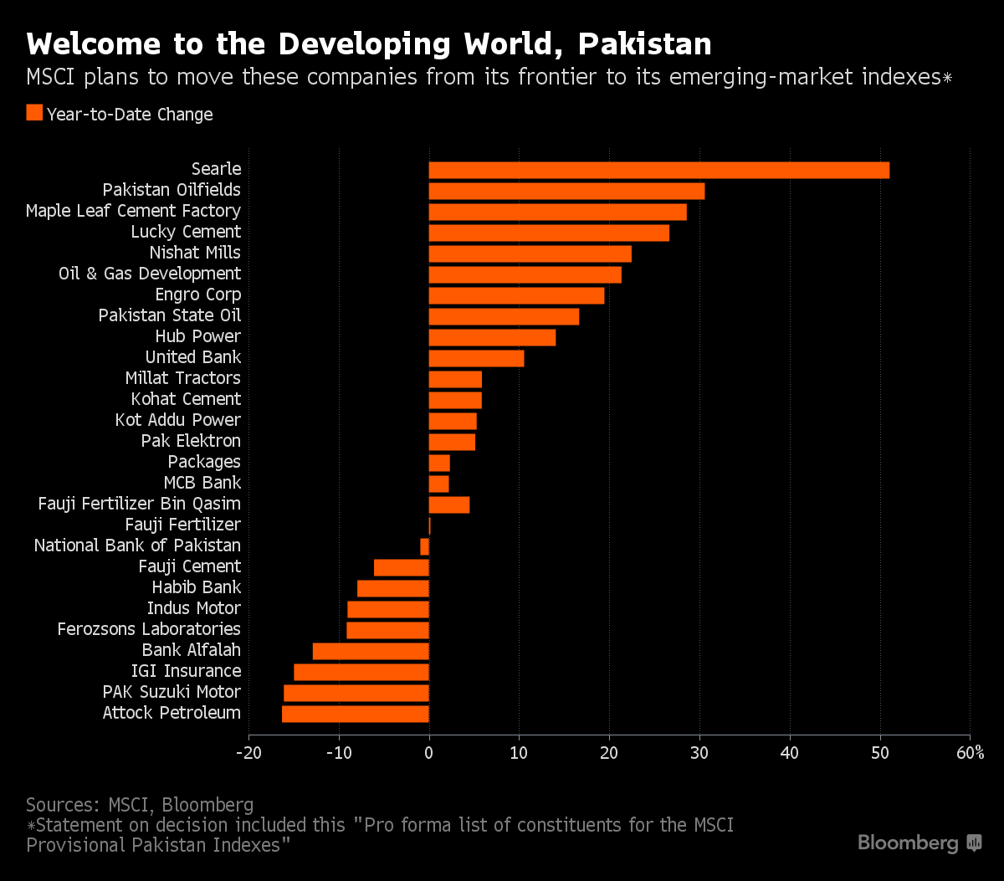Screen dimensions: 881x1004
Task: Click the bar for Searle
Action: point(658,170)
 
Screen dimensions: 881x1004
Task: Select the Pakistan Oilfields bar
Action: point(566,191)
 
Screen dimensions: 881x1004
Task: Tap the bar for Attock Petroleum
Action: point(356,714)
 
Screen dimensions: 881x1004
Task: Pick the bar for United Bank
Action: point(476,358)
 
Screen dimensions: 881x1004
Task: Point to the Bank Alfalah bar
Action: point(371,651)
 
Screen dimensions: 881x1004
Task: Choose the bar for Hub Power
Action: point(492,337)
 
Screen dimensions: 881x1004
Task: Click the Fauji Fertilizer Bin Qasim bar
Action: point(449,505)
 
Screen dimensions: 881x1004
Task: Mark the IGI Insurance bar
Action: point(361,672)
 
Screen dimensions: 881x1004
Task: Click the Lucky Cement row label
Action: point(186,232)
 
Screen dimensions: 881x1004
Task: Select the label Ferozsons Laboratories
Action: point(149,629)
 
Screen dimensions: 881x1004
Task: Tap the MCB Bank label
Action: point(202,483)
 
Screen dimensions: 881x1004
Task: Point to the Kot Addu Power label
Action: point(177,420)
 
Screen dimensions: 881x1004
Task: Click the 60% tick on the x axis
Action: point(970,753)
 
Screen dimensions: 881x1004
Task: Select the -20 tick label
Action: point(248,753)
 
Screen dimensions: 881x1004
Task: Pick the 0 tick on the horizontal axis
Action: point(429,753)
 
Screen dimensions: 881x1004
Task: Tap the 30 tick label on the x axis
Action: point(699,753)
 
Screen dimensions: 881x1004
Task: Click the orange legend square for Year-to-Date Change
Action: point(34,114)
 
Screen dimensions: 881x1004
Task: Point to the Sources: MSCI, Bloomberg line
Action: point(140,805)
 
